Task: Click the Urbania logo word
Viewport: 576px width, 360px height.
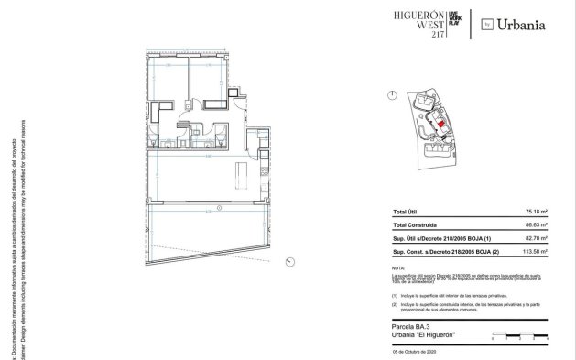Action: [x=523, y=25]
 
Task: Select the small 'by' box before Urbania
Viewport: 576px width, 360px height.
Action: [x=487, y=25]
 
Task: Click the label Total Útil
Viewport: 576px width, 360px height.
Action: [x=406, y=211]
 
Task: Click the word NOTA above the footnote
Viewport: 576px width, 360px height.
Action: [x=397, y=266]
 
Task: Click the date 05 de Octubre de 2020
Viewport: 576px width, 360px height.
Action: [x=414, y=352]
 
